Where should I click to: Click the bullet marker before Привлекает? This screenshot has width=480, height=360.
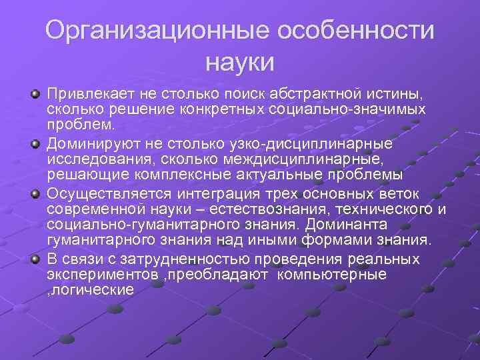click(35, 91)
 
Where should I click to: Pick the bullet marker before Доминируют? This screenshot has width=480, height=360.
click(35, 142)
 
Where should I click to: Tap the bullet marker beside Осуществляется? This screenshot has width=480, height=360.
click(35, 193)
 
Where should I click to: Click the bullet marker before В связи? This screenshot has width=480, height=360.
click(35, 258)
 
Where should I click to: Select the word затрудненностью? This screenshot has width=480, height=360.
click(169, 259)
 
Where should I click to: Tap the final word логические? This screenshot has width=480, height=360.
click(91, 291)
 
